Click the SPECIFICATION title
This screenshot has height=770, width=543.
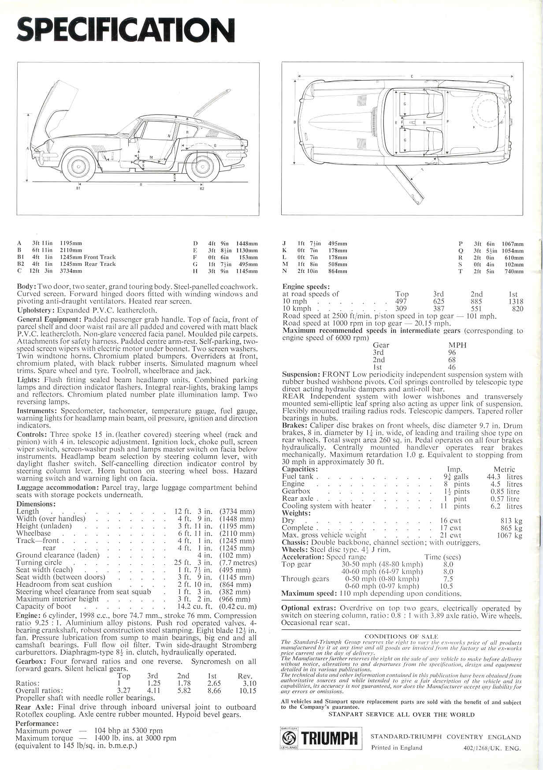[x=125, y=30]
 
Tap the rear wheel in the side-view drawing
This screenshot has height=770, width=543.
[x=203, y=166]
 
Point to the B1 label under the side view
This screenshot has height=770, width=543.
[x=78, y=189]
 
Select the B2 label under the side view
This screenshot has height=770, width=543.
[x=202, y=189]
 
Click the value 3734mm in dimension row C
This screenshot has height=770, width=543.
[x=71, y=271]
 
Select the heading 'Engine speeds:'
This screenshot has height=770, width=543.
[x=305, y=287]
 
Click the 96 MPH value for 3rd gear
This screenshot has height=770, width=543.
[x=452, y=353]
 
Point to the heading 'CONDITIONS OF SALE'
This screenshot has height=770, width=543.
[x=401, y=636]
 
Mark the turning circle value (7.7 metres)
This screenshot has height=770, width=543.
[x=238, y=562]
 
